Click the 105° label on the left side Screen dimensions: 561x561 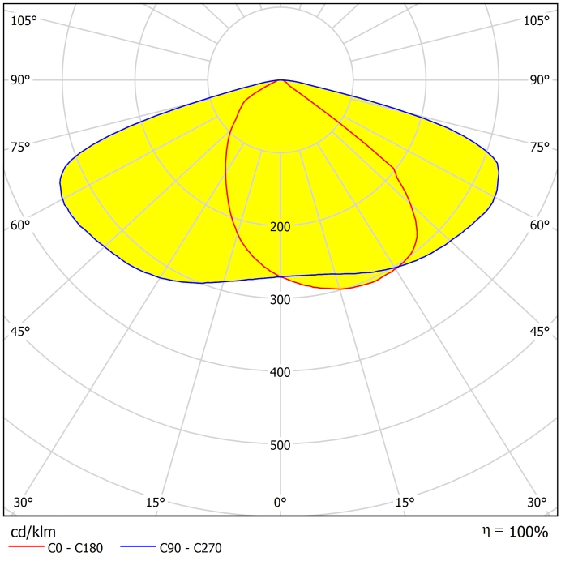(x=24, y=20)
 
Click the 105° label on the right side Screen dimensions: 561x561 (x=536, y=20)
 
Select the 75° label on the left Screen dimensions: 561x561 (x=20, y=147)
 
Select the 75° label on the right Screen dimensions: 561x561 (x=540, y=147)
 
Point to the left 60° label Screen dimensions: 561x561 (x=20, y=225)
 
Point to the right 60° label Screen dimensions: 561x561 (x=540, y=225)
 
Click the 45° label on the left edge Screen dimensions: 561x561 (x=20, y=331)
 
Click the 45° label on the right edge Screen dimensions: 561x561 (x=540, y=331)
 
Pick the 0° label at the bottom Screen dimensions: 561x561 (x=280, y=503)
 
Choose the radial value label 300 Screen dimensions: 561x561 (x=280, y=299)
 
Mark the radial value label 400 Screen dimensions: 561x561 (x=280, y=372)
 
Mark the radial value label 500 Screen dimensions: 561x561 (x=280, y=445)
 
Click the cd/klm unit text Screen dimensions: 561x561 (x=33, y=532)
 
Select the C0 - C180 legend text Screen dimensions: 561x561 (x=75, y=549)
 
